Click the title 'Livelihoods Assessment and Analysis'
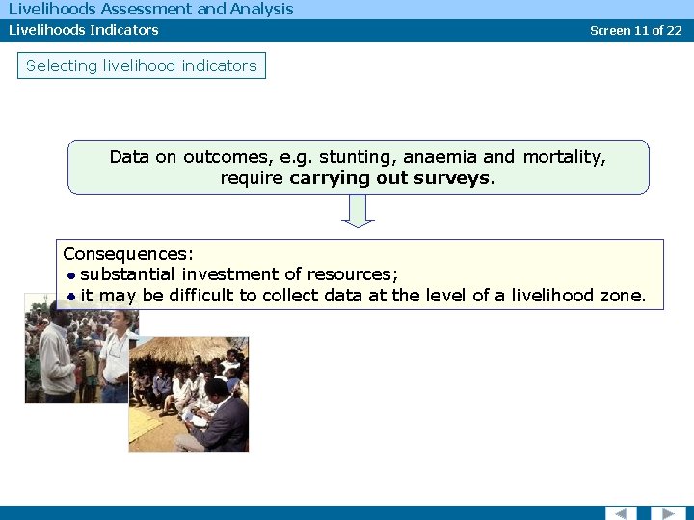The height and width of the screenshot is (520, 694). pyautogui.click(x=150, y=10)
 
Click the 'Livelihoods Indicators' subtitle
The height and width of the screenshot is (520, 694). pyautogui.click(x=84, y=30)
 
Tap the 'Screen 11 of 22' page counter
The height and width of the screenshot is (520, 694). pyautogui.click(x=635, y=30)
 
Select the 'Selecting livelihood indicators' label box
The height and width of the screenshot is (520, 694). pyautogui.click(x=142, y=65)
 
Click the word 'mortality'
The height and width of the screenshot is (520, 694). pyautogui.click(x=564, y=157)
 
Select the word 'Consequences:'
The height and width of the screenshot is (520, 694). pyautogui.click(x=128, y=254)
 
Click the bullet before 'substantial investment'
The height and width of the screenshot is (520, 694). pyautogui.click(x=72, y=275)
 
